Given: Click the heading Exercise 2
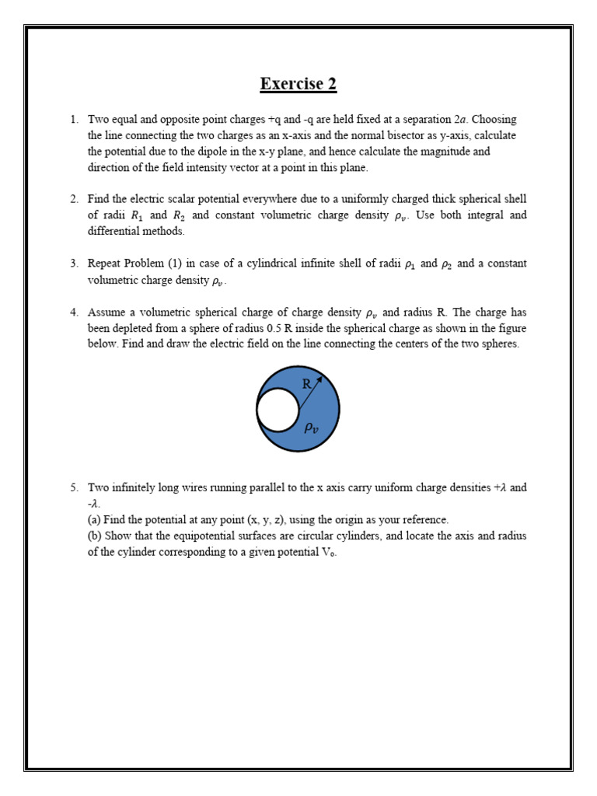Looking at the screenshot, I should [298, 84].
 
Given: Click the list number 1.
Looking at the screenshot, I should [74, 120].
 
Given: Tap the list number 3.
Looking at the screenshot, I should [74, 264].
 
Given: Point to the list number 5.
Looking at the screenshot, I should [74, 488].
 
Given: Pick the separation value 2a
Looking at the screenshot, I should [461, 120].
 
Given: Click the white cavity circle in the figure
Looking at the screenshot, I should [278, 410].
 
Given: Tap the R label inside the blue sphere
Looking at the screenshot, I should [306, 384].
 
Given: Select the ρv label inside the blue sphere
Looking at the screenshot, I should [310, 427].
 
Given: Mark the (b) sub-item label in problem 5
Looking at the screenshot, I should [96, 536].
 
